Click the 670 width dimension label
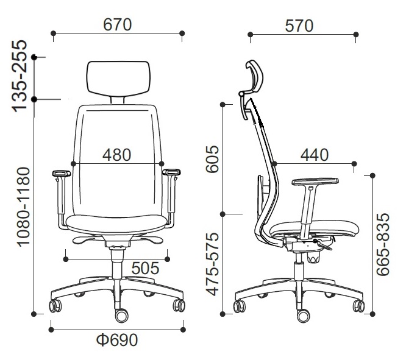[118, 25]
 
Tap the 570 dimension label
[299, 26]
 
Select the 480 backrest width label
[117, 155]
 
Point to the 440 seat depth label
[315, 155]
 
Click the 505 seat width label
[145, 268]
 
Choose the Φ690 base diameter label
[117, 340]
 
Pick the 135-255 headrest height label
[20, 76]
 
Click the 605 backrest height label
[212, 159]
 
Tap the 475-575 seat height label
[212, 264]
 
